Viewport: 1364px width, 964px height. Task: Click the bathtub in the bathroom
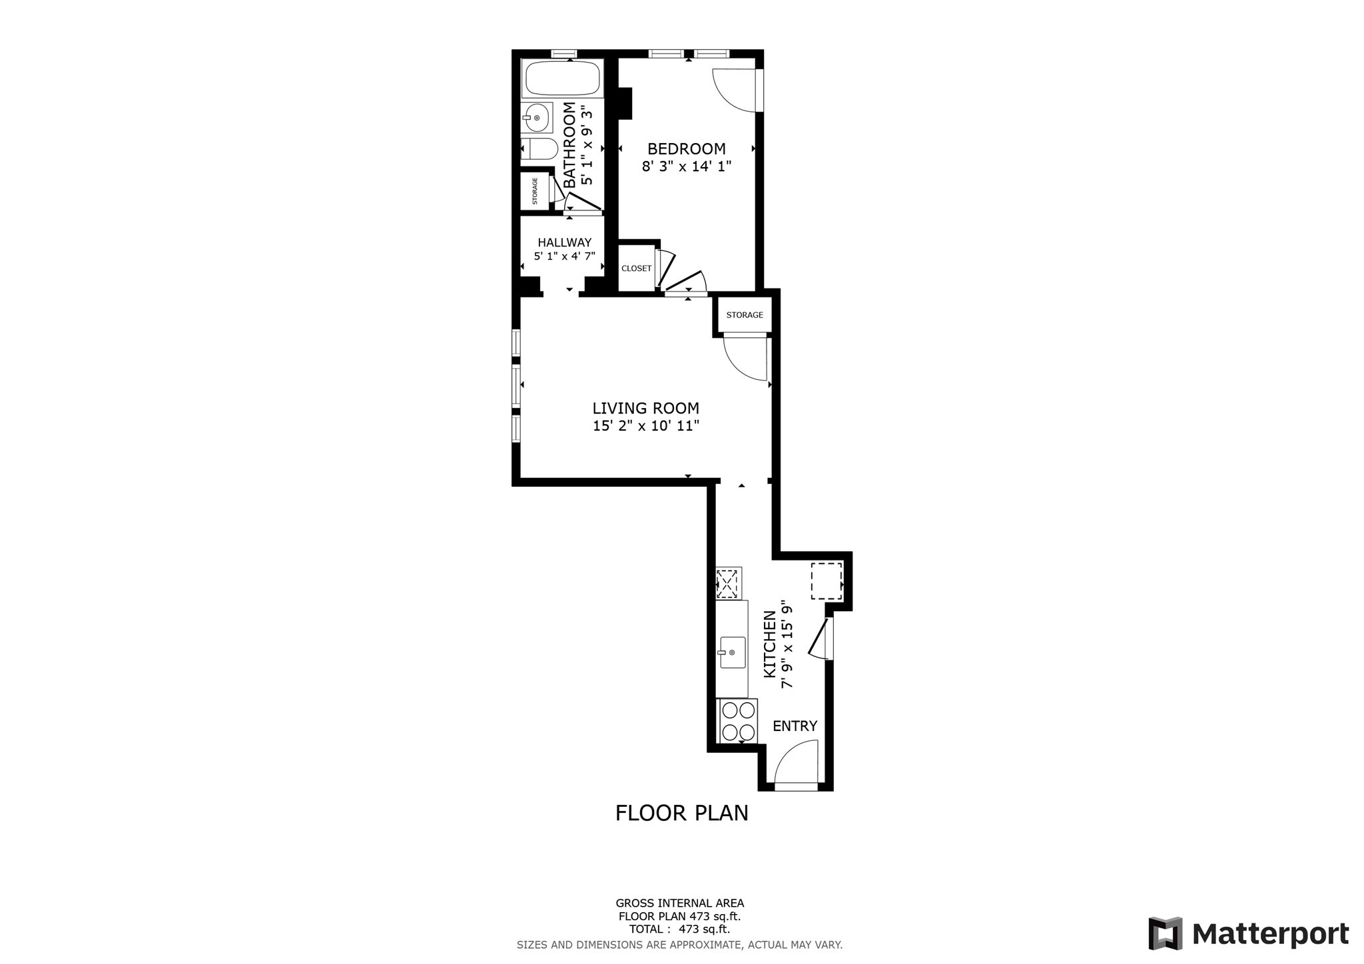[x=562, y=79]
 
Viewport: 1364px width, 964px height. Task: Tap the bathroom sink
[x=536, y=119]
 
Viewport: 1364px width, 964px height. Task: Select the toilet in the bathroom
[x=539, y=148]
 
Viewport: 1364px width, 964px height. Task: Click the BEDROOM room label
[x=686, y=149]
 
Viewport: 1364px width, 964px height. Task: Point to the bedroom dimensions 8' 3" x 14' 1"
[x=686, y=166]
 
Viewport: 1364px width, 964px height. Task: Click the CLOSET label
[x=636, y=268]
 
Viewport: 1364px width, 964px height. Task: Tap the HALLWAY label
[x=564, y=243]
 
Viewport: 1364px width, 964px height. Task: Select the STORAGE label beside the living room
[x=744, y=315]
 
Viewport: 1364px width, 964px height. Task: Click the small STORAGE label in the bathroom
[x=535, y=191]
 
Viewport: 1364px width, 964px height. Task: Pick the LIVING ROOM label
[x=645, y=408]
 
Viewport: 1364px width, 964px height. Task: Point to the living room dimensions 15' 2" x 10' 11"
[x=645, y=426]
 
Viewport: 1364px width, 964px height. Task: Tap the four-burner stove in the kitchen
[x=738, y=720]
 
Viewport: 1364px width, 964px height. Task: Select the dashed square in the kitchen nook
[x=826, y=581]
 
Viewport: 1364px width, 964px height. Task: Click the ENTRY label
[x=795, y=726]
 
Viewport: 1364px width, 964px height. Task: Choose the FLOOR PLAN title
[x=681, y=814]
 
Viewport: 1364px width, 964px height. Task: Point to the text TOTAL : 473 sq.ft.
[x=679, y=929]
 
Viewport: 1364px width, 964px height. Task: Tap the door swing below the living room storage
[x=745, y=360]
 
